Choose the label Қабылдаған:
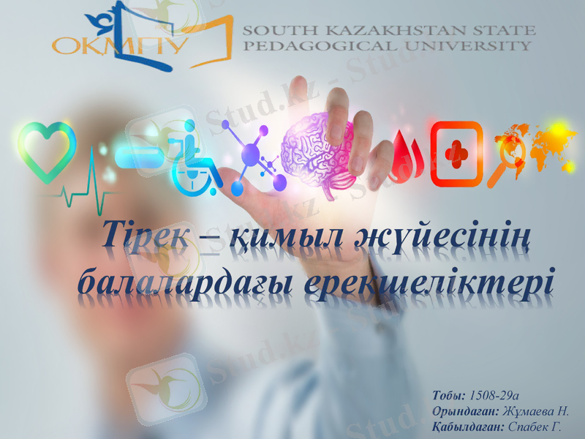click(x=465, y=427)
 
